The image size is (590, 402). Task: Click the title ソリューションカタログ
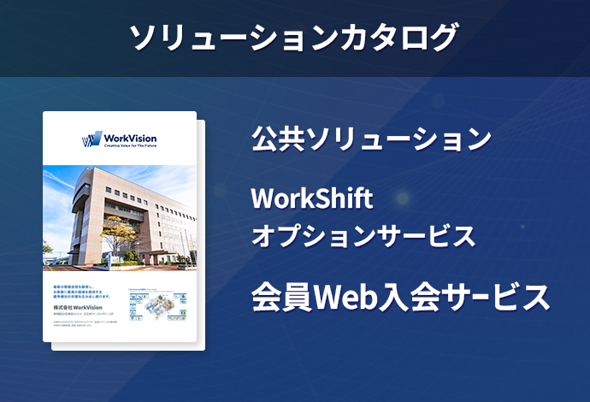(294, 38)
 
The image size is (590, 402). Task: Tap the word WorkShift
(312, 199)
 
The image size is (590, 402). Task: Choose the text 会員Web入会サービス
(399, 296)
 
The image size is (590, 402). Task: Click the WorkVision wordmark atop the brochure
(129, 138)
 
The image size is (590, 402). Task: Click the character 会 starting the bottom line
(266, 296)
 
